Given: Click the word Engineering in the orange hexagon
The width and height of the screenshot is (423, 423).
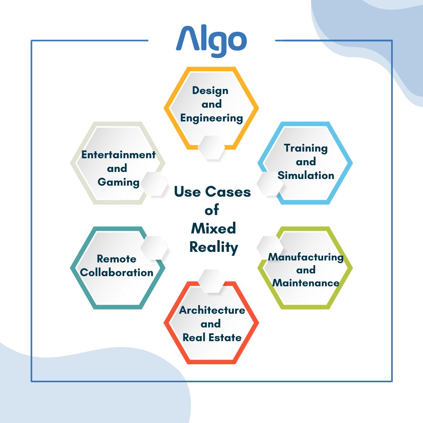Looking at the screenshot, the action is tap(211, 118).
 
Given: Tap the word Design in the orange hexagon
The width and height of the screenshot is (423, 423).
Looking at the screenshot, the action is tap(210, 90).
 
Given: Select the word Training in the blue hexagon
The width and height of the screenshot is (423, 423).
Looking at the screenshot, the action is tap(306, 148).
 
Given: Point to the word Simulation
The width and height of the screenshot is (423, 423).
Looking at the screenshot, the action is tap(306, 175).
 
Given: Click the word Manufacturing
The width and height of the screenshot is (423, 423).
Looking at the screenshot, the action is tap(305, 257).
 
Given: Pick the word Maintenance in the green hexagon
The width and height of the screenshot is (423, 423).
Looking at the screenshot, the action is tap(306, 283).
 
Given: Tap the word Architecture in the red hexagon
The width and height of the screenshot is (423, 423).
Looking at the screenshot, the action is tap(212, 311).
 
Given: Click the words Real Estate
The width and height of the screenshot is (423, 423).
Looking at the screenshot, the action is tap(212, 337).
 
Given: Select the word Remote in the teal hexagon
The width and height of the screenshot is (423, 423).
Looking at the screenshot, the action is tap(117, 259).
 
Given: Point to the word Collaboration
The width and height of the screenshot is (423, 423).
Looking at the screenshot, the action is tap(119, 273).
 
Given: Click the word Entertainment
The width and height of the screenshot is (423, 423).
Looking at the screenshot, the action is tap(118, 155).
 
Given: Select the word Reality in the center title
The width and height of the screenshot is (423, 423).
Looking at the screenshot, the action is tap(214, 248).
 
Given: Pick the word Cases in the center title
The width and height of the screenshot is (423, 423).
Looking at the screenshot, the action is tap(228, 192).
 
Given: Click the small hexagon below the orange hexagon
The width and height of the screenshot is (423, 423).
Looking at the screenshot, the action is tap(211, 148).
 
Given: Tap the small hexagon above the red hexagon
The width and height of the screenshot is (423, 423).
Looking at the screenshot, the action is tap(211, 281).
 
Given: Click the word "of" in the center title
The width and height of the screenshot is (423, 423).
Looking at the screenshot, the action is tap(212, 210).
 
